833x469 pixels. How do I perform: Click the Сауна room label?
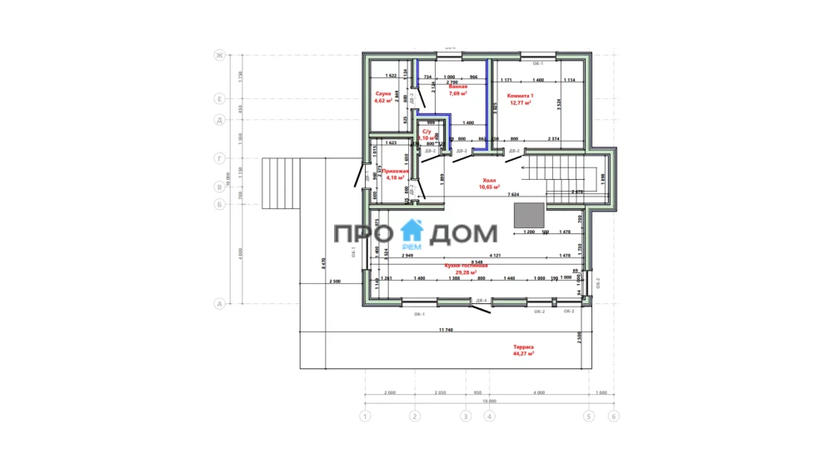(x=383, y=94)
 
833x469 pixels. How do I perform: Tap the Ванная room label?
(x=457, y=87)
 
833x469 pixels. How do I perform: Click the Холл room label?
(x=489, y=180)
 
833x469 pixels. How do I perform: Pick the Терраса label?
(x=523, y=347)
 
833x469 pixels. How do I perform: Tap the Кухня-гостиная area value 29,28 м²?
(x=466, y=272)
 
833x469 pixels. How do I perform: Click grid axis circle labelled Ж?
(x=220, y=56)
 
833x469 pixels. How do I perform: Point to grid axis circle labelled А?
(x=220, y=304)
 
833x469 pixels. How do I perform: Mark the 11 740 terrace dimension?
(x=446, y=331)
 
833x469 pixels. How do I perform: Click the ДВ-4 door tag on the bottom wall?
(x=481, y=300)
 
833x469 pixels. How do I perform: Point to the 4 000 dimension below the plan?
(x=538, y=392)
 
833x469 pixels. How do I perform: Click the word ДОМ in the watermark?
(x=463, y=233)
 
